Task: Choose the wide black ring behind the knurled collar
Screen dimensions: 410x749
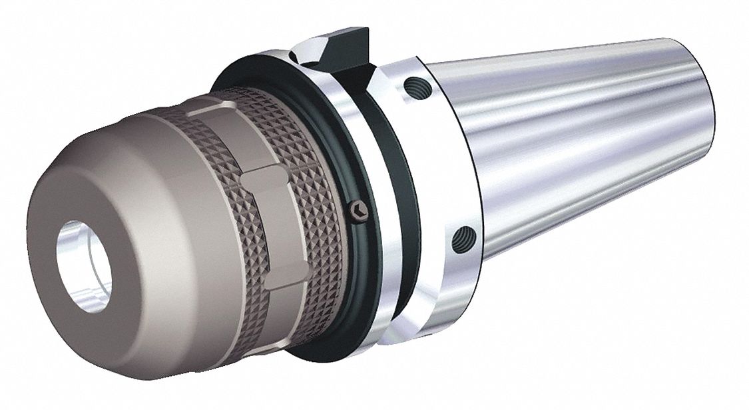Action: tap(346, 267)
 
